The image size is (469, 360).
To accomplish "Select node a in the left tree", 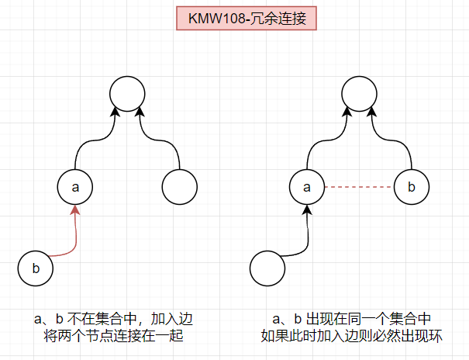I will pyautogui.click(x=75, y=187).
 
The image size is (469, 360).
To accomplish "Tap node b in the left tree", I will pyautogui.click(x=36, y=268).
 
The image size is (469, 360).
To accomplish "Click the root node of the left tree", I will pyautogui.click(x=128, y=93).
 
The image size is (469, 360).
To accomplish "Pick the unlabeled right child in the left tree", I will pyautogui.click(x=180, y=187).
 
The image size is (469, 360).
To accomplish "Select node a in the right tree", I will pyautogui.click(x=308, y=187).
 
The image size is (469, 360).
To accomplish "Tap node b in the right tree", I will pyautogui.click(x=412, y=187).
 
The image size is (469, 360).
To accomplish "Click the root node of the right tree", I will pyautogui.click(x=360, y=93).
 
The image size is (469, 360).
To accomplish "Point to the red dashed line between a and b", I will pyautogui.click(x=360, y=187).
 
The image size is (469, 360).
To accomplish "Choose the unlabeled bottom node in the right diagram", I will pyautogui.click(x=268, y=268).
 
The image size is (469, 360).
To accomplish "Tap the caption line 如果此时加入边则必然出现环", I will pyautogui.click(x=351, y=336).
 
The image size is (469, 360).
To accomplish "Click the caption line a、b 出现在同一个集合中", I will pyautogui.click(x=351, y=319).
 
